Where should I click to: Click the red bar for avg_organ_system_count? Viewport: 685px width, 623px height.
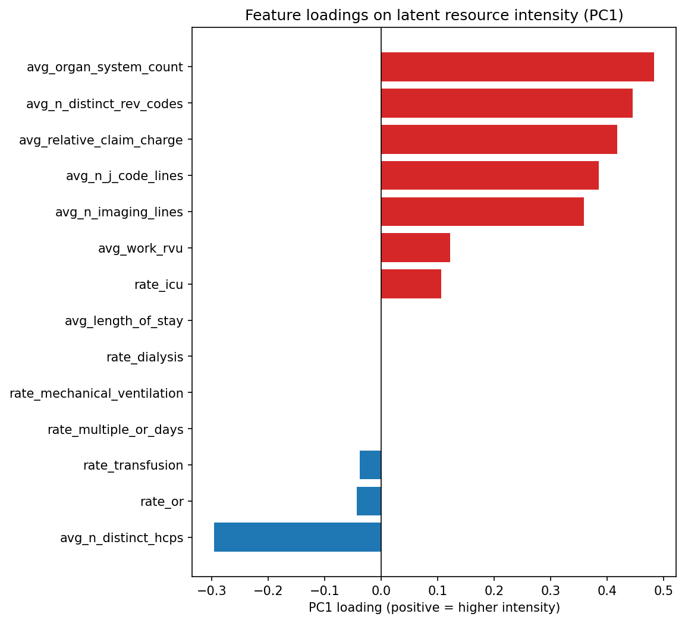coord(517,67)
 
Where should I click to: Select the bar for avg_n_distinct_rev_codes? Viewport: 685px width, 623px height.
coord(507,103)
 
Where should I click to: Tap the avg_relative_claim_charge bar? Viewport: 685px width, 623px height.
coord(499,140)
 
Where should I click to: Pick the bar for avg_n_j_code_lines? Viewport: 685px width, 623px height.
coord(489,176)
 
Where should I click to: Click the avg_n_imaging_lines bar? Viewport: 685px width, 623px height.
coord(482,212)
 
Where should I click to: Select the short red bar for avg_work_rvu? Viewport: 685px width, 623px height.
coord(415,248)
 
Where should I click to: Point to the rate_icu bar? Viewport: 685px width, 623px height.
coord(411,284)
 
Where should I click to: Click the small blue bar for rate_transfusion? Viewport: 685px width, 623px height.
coord(370,465)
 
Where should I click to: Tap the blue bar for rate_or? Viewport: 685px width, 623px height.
coord(369,501)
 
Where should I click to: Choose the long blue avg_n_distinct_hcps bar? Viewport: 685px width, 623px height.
coord(297,537)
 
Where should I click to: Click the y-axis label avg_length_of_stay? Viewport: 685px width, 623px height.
coord(124,321)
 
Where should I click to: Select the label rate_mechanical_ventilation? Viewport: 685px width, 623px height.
coord(96,394)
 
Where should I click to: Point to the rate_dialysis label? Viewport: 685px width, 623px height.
coord(144,357)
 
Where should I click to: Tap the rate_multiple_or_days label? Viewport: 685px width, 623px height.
coord(115,429)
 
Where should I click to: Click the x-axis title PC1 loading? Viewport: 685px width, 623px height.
coord(434,608)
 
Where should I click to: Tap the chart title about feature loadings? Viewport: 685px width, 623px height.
coord(434,15)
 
